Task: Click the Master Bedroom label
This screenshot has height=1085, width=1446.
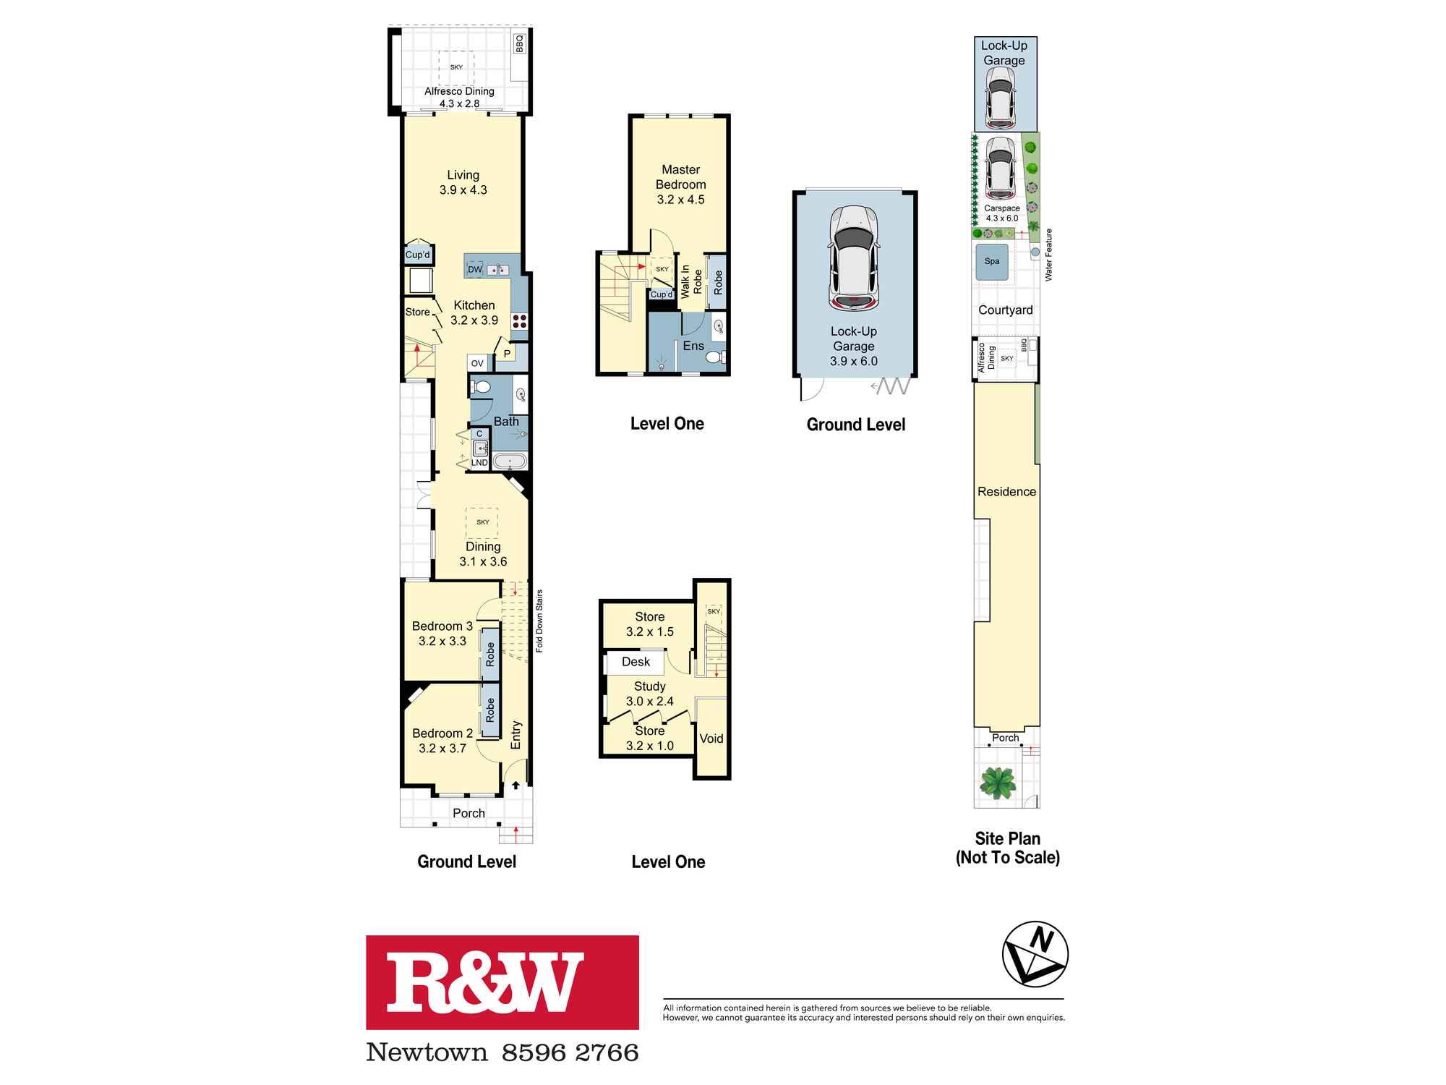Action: click(680, 177)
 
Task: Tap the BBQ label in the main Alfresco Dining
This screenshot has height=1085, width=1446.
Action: click(519, 44)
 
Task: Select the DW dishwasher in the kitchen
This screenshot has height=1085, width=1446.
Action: click(475, 270)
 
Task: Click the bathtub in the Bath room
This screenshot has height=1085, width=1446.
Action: click(511, 461)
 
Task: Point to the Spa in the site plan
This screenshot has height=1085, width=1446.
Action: click(991, 262)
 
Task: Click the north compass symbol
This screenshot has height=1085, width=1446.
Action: click(1035, 954)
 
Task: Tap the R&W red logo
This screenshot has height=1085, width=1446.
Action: click(502, 982)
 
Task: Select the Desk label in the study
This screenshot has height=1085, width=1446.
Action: click(636, 662)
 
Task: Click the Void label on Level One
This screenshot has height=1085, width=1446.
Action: click(711, 739)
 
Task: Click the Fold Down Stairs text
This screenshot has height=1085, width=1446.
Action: click(539, 621)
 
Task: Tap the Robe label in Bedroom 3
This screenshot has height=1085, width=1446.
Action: click(490, 654)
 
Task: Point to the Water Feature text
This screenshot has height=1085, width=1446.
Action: click(1048, 255)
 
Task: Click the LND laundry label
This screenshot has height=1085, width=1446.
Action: click(479, 463)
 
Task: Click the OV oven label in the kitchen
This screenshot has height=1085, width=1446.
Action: click(477, 363)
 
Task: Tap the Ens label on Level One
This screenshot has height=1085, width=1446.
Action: click(693, 346)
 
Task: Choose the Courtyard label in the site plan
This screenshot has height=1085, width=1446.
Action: click(1005, 310)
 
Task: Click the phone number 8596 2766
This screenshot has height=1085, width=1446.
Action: click(570, 1052)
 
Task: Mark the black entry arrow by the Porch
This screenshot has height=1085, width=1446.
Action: click(515, 786)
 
